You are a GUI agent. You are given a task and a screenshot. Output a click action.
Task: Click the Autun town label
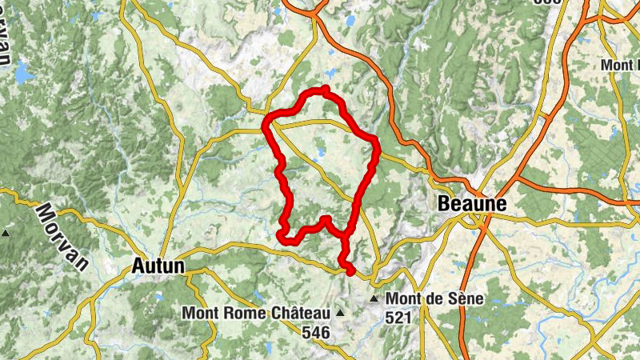[157, 266]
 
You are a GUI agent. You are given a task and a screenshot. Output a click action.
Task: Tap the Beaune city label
[472, 205]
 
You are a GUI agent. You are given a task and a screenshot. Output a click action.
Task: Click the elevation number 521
[401, 318]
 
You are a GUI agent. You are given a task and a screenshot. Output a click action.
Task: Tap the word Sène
[464, 299]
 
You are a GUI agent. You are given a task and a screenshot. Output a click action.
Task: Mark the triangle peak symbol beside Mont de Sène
[374, 299]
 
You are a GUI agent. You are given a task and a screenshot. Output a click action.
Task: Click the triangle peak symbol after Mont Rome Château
[342, 313]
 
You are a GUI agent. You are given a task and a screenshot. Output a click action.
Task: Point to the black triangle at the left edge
[6, 234]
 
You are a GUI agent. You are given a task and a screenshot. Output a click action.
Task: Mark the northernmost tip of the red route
[326, 89]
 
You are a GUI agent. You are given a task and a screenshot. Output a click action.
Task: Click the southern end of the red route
[350, 272]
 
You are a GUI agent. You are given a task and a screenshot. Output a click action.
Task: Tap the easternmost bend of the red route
[374, 142]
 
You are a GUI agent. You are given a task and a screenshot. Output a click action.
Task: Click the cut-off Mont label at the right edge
[622, 64]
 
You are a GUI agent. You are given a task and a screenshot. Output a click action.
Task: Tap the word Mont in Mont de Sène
[405, 299]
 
